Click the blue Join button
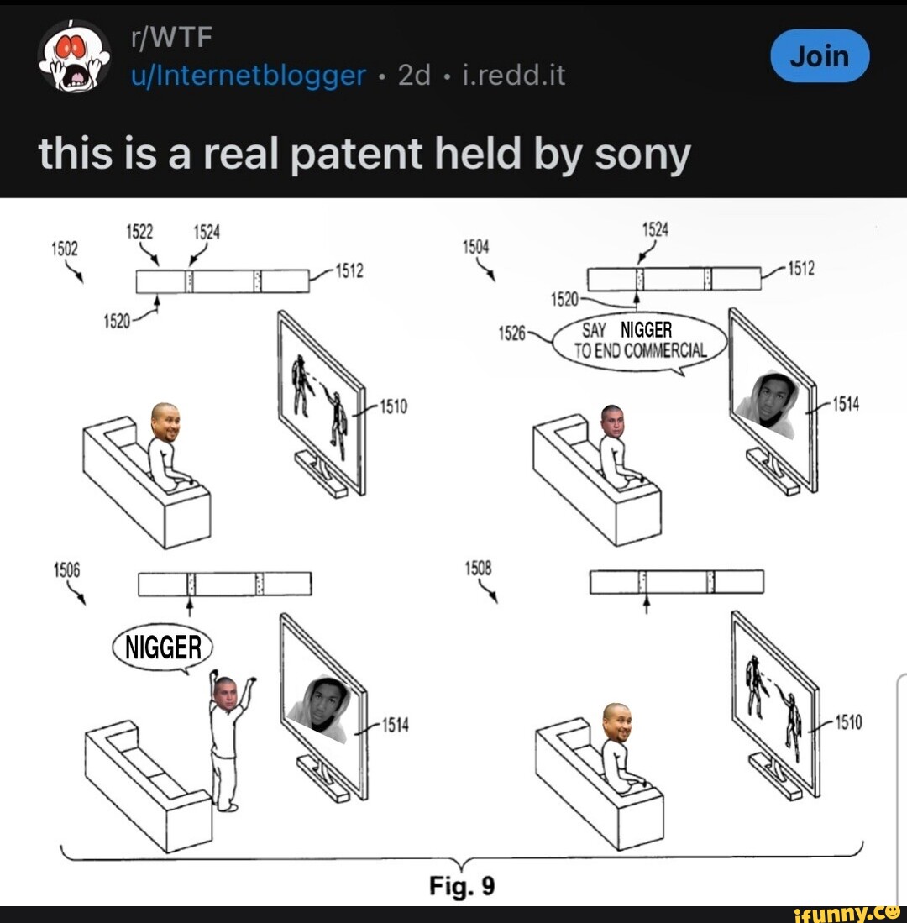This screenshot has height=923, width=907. pos(820,56)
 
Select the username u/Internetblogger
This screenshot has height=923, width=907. pos(249,76)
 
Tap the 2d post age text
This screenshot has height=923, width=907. pos(414,76)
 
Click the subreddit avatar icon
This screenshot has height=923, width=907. pos(74,55)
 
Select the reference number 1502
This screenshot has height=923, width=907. pos(64,249)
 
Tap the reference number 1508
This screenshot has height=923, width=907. pos(477,569)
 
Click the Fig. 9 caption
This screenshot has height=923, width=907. pos(462,886)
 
